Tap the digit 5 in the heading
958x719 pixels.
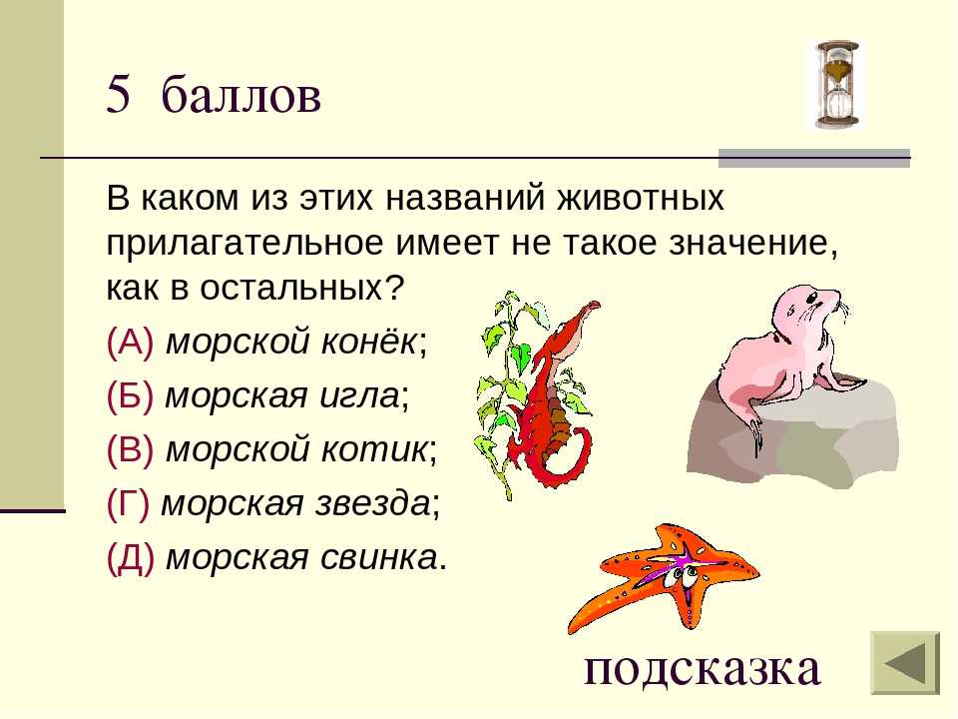click(118, 94)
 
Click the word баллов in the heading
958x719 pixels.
click(241, 94)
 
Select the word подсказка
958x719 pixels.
click(702, 668)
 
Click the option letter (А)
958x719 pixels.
click(130, 342)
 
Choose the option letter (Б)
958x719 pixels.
click(130, 395)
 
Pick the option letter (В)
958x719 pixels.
click(130, 449)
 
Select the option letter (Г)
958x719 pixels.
click(128, 503)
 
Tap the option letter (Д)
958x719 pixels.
click(130, 557)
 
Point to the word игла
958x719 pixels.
click(360, 396)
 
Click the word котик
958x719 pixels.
click(374, 449)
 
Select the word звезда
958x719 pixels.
click(372, 503)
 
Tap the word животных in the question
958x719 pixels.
click(641, 198)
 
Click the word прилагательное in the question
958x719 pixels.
click(246, 244)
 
